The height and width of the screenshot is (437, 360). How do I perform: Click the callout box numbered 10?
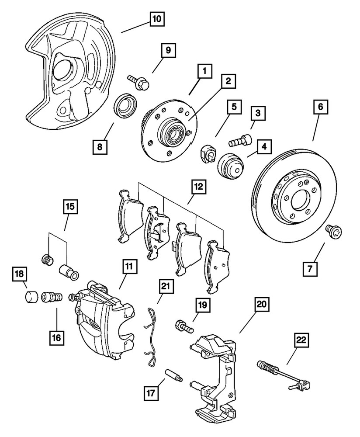pos(156,19)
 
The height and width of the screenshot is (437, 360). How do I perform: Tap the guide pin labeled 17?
pos(175,375)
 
